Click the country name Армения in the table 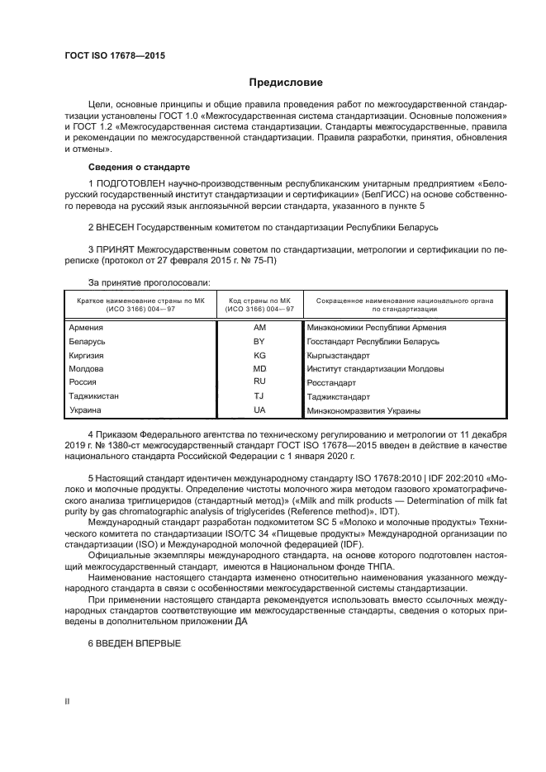[x=87, y=328]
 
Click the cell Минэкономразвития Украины [x=364, y=410]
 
